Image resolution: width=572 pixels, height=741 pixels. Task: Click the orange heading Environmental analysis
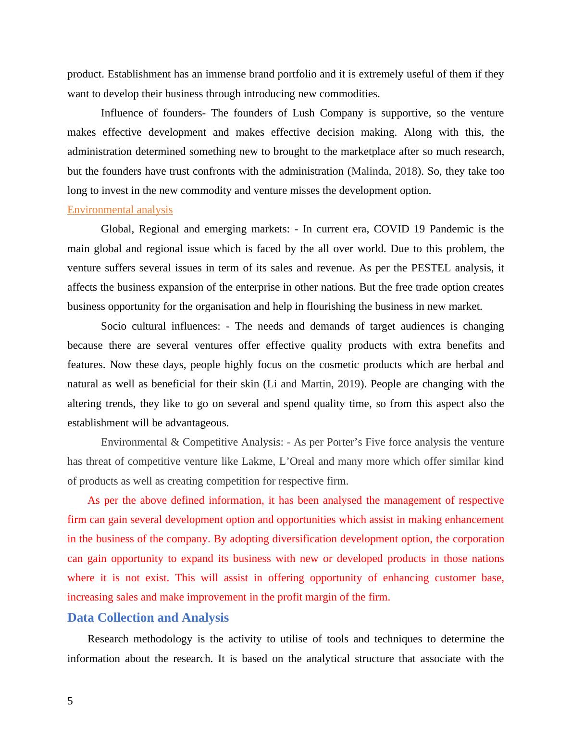[x=120, y=210]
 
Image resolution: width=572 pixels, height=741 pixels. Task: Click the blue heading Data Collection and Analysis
[x=148, y=618]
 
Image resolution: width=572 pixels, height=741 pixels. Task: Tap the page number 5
[x=70, y=701]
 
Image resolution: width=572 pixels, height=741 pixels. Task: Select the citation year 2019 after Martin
[x=348, y=384]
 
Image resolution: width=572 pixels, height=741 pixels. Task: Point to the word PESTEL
[x=430, y=268]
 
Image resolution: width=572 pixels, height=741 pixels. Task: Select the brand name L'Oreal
[x=297, y=461]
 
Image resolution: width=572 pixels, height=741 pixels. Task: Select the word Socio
[x=113, y=326]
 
